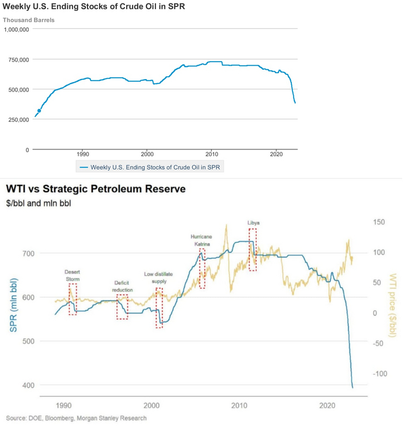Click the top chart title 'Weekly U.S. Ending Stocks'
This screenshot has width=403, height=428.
point(94,8)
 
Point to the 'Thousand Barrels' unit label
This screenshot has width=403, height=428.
point(29,20)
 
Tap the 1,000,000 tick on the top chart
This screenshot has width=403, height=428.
point(20,29)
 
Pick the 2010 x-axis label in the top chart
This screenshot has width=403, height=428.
point(211,155)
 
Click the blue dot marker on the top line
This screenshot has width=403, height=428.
point(39,111)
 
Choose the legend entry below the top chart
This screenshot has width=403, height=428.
point(151,167)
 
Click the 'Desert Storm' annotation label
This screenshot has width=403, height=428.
point(72,275)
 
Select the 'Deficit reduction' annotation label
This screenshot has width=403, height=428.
point(123,286)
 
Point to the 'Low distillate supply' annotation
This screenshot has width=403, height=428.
point(155,277)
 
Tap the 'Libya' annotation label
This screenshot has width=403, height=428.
point(253,223)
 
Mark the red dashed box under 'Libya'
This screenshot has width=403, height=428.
point(253,249)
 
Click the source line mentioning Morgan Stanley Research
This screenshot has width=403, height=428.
point(76,418)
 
